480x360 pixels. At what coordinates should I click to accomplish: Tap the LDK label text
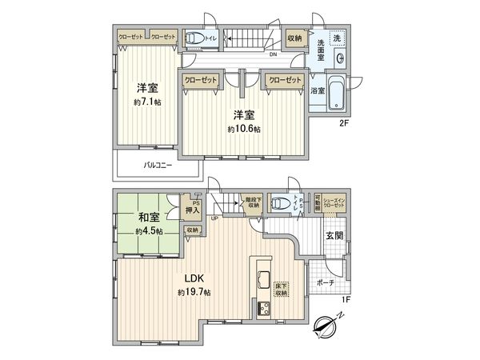coord(195,278)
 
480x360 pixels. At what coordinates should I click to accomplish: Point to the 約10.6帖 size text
coord(244,130)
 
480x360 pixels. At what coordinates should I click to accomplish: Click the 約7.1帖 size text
coord(147,103)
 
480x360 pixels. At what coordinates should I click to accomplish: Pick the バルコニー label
coord(158,166)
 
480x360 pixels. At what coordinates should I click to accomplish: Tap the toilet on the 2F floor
coord(194,38)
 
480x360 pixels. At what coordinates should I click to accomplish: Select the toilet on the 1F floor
coord(280,203)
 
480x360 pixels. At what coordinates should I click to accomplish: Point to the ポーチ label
coord(326,282)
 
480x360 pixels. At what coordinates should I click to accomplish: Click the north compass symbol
coord(327,326)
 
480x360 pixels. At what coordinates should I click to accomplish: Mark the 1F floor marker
coord(346,299)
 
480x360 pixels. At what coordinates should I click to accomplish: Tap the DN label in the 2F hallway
coord(272,55)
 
